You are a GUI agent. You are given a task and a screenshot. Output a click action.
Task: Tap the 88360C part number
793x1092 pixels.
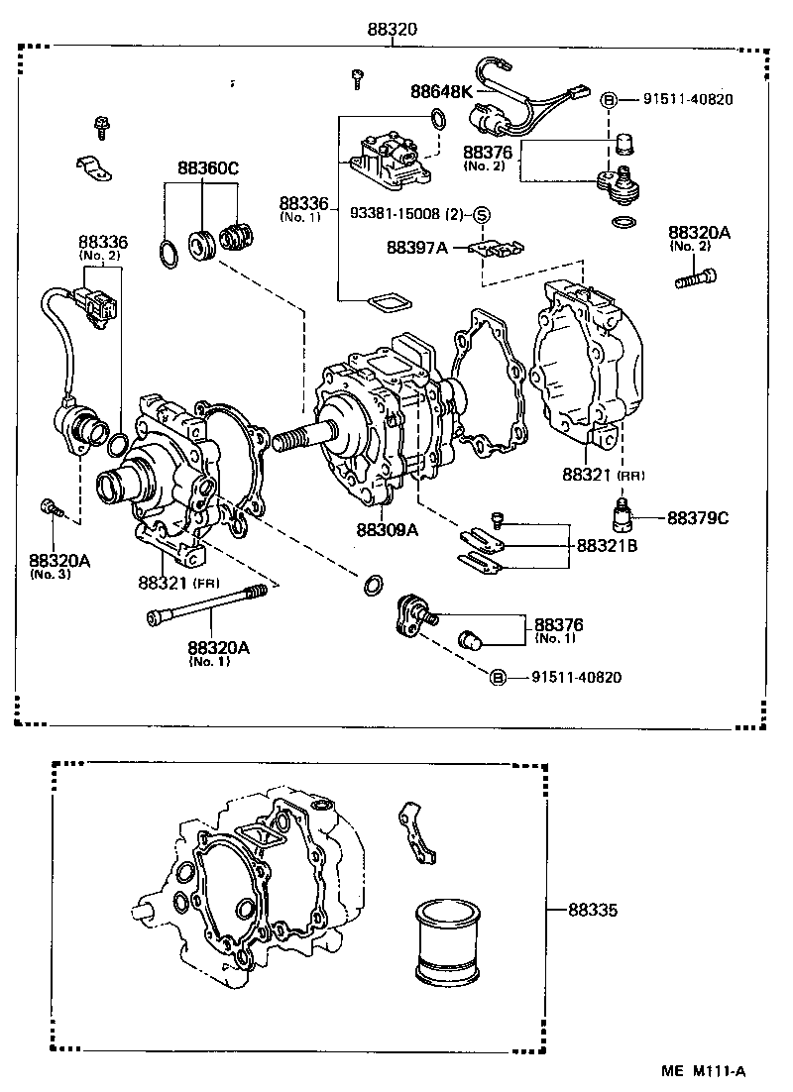click(x=208, y=168)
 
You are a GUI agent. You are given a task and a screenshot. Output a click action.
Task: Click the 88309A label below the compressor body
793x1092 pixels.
click(x=388, y=529)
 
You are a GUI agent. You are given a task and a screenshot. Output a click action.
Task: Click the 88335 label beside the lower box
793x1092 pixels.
click(x=593, y=908)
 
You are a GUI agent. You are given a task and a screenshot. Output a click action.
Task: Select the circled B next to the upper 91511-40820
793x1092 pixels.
click(x=610, y=99)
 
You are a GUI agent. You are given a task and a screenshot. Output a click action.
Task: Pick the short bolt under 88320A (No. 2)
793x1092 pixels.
click(x=695, y=279)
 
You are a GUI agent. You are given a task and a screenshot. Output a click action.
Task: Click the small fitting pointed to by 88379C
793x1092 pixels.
click(x=622, y=514)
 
